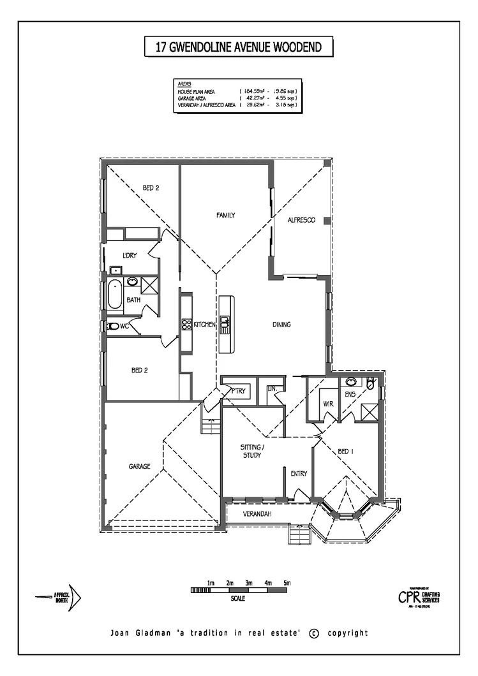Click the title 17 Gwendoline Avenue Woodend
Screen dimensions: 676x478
pos(239,47)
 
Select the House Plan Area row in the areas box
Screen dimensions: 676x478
pos(237,92)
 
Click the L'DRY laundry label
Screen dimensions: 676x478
pos(130,256)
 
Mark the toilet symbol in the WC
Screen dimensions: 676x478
pos(113,326)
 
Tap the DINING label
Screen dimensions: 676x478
pos(281,325)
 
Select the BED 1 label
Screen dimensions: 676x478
pos(346,452)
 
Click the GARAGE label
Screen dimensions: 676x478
pos(138,466)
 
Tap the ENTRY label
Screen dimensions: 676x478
pos(299,473)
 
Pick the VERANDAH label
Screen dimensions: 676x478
pos(258,514)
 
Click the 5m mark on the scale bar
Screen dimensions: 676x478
pos(287,583)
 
